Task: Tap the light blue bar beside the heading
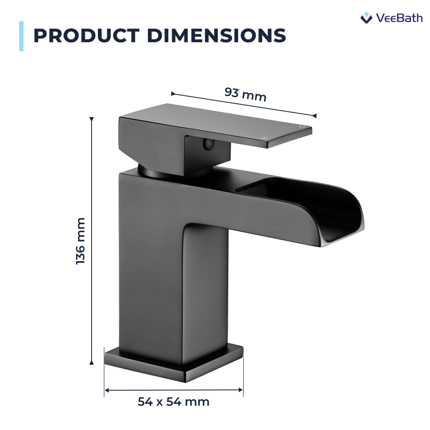21,36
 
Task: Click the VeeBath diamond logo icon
366,18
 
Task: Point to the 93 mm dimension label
245,94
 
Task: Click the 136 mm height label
80,241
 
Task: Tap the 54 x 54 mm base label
173,402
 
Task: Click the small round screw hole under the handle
207,144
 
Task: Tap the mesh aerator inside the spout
252,186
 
